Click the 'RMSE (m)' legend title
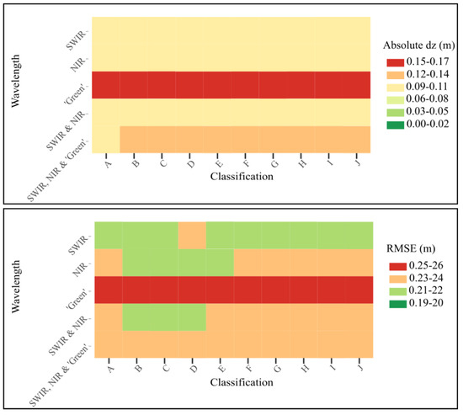[x=416, y=249]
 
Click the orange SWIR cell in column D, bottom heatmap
[x=192, y=234]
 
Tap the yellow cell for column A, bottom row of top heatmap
[x=105, y=140]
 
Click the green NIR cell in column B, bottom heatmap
[x=136, y=262]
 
